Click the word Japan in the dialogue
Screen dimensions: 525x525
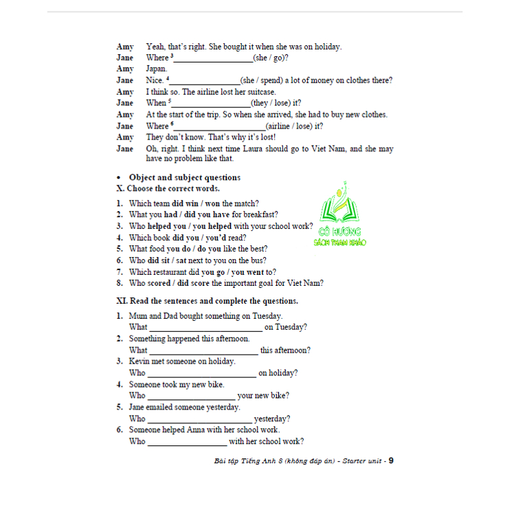pos(156,69)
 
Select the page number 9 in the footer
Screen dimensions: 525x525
pos(391,460)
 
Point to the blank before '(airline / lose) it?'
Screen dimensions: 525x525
pos(219,127)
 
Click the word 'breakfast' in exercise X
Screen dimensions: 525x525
pos(261,215)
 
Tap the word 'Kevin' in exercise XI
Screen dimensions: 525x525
pos(139,361)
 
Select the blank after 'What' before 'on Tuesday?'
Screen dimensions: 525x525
pos(205,328)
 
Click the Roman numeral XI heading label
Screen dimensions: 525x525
pos(122,301)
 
